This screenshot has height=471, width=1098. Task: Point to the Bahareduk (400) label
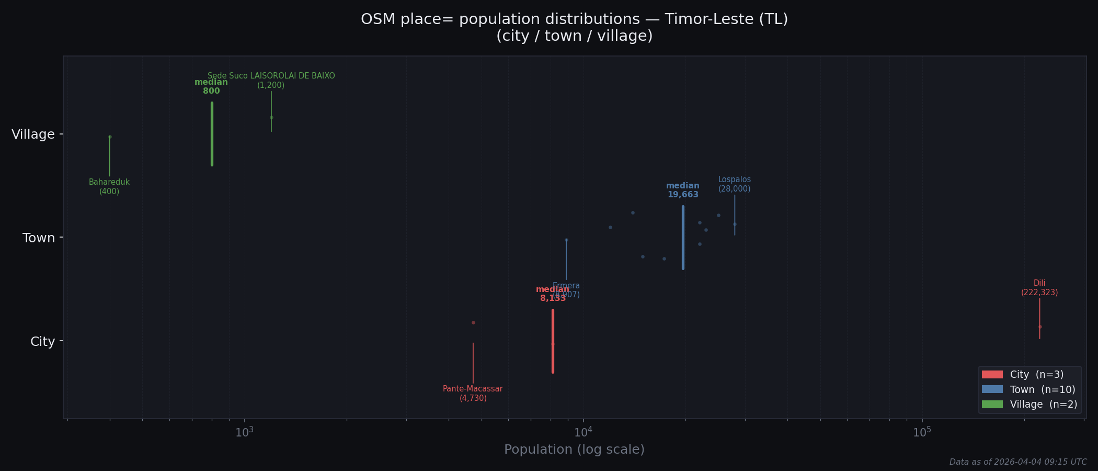click(x=109, y=187)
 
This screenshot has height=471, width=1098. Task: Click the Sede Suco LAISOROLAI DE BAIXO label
click(x=271, y=80)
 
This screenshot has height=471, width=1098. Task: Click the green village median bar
click(x=212, y=134)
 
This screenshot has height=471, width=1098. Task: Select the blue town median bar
click(x=683, y=238)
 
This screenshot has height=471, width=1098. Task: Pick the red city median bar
click(x=553, y=341)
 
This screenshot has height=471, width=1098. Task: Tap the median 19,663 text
click(x=683, y=190)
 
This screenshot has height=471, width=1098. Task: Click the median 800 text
click(x=211, y=86)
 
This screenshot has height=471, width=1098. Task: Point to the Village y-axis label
click(x=33, y=134)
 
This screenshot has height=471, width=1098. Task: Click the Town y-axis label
click(x=39, y=238)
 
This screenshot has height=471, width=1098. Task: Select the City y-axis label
click(x=42, y=342)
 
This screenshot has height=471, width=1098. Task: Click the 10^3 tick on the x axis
click(x=245, y=432)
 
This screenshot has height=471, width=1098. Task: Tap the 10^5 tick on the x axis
click(x=922, y=432)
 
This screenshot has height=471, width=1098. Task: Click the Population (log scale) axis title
click(x=574, y=450)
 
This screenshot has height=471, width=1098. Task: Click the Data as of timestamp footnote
click(x=1017, y=462)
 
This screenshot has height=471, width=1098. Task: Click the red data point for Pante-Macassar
click(x=473, y=322)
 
